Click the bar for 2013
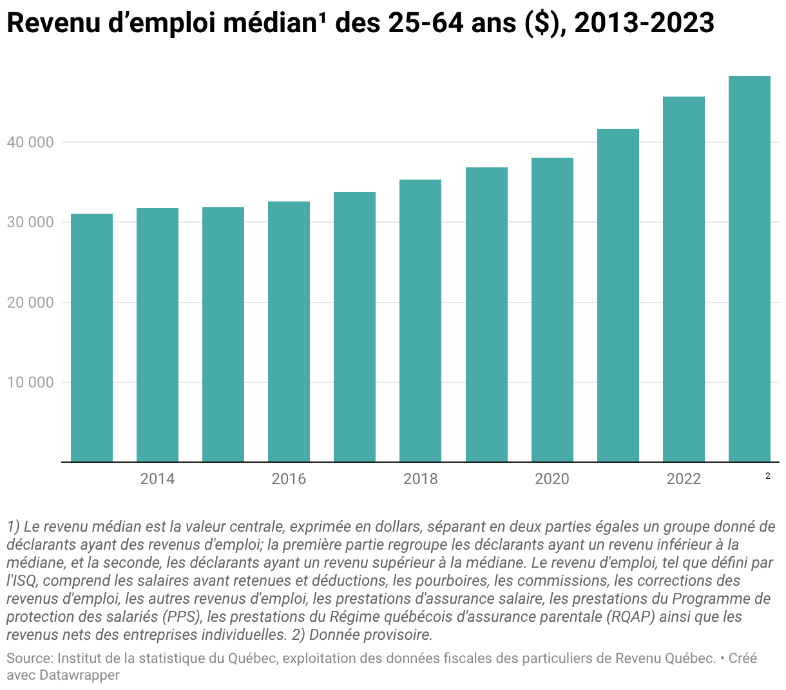coord(91,338)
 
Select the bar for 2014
coord(157,335)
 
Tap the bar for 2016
coord(289,331)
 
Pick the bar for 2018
coord(420,321)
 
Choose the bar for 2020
coord(551,310)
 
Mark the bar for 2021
coord(618,295)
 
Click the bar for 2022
coord(684,279)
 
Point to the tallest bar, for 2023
coord(749,268)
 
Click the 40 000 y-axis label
coord(30,142)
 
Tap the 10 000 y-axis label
coord(30,382)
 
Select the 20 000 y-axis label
coord(30,303)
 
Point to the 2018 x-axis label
coord(420,479)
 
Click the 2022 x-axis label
coord(684,479)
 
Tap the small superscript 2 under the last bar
coord(767,476)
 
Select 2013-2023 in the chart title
coord(644,23)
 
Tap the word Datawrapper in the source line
coord(79,675)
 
